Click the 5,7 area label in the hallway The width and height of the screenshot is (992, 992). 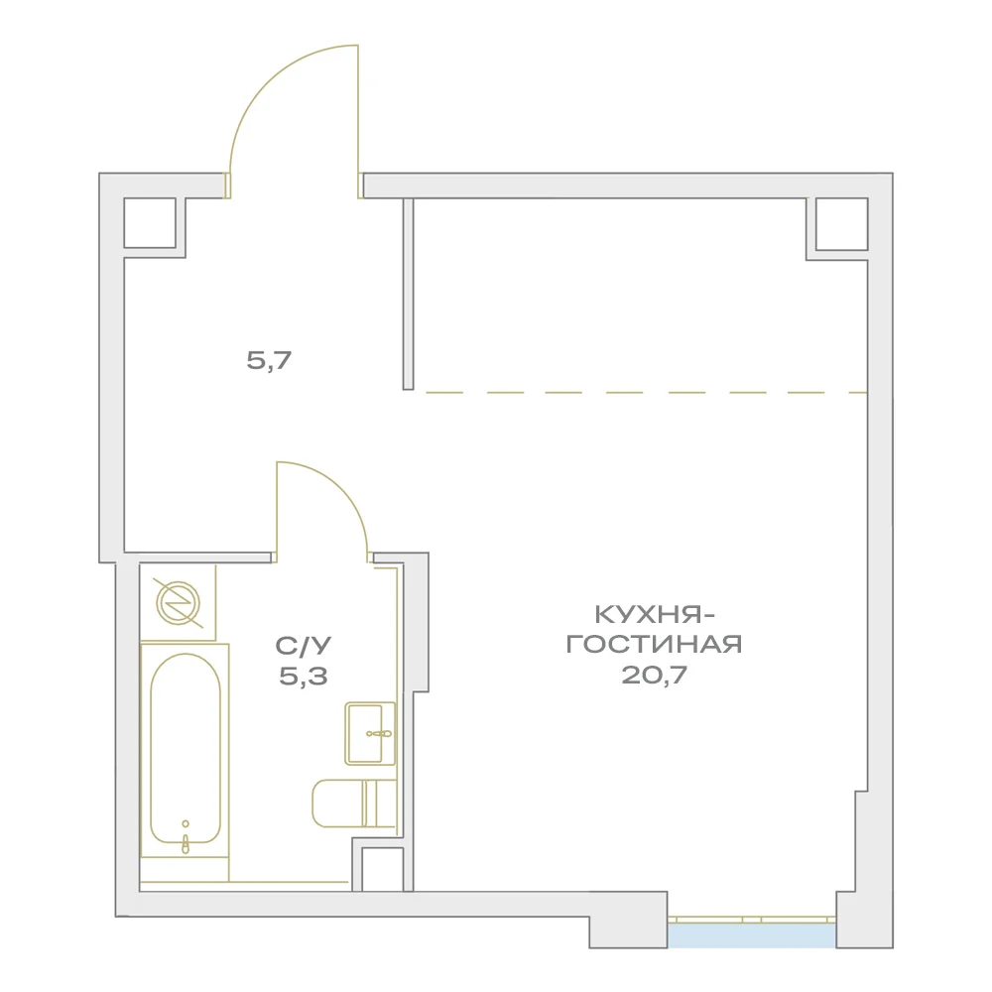269,361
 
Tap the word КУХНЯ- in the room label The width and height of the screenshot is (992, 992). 656,614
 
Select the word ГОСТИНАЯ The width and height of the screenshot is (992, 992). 654,645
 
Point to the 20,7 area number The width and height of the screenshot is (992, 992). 654,675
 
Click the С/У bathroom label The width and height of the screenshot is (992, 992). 303,646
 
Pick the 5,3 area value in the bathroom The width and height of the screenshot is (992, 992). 303,677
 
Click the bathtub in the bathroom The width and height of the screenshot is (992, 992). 185,751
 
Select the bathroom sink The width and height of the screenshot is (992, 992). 370,733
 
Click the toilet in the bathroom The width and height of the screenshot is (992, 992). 354,804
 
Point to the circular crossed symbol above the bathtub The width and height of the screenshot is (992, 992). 179,603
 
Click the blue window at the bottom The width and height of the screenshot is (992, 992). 752,935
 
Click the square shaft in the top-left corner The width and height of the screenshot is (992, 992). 150,222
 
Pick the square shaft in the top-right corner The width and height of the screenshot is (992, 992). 841,224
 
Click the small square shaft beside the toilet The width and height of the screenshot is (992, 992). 382,869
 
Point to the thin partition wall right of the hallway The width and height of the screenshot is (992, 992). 408,294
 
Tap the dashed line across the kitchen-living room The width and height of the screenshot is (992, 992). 646,393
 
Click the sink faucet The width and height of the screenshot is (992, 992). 379,734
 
